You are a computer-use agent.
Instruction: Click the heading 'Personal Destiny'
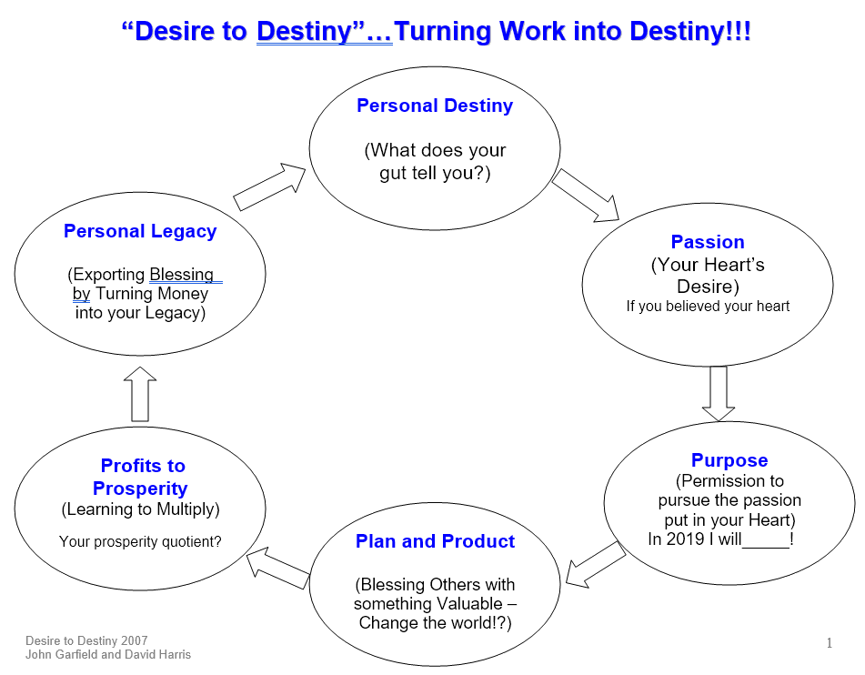pos(435,106)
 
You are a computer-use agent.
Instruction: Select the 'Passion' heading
pos(708,242)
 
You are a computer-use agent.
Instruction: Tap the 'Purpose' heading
pos(729,460)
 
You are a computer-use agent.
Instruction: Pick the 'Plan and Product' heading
pos(435,541)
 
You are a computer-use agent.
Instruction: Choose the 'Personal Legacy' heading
pos(140,231)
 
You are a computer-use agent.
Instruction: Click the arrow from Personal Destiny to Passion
pos(586,196)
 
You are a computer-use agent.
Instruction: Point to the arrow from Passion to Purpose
pos(719,394)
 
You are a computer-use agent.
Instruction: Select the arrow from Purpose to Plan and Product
pos(596,564)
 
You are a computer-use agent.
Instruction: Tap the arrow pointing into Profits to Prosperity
pos(278,568)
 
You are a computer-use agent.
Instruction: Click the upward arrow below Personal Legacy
pos(140,394)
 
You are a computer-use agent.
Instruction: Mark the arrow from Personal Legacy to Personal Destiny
pos(269,186)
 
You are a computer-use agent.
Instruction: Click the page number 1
pos(830,643)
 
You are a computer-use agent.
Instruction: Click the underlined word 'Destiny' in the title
pos(304,31)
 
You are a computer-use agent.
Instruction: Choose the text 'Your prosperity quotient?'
pos(140,542)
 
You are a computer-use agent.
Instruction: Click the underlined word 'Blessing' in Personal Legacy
pos(182,275)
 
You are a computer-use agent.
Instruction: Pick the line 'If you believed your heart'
pos(708,307)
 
